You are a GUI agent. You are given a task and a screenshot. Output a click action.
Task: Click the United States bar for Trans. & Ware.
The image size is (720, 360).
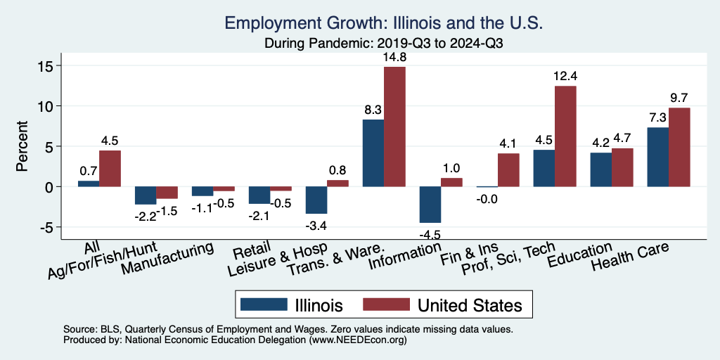394,127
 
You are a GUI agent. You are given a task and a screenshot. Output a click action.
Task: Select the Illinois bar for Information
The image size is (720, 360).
430,205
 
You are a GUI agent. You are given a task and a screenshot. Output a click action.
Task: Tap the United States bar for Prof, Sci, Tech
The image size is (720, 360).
565,136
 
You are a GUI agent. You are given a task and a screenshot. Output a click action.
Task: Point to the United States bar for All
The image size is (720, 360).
110,169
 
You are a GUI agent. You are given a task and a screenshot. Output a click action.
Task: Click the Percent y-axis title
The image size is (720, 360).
22,147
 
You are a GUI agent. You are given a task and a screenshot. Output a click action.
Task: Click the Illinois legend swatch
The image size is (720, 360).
264,304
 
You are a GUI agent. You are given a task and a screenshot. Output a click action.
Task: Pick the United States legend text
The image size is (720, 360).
470,305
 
